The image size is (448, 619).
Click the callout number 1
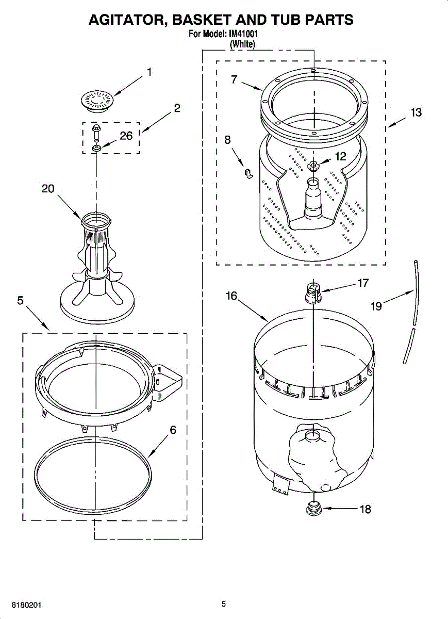(150, 72)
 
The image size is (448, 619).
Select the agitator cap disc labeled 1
(97, 99)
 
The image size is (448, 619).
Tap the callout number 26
(126, 136)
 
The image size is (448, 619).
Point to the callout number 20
(48, 189)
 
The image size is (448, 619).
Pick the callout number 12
(341, 157)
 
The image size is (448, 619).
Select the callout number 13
(416, 112)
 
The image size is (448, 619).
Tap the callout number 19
(376, 306)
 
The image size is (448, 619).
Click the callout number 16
(231, 296)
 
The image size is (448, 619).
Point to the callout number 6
(173, 429)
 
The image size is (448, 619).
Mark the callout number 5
(20, 300)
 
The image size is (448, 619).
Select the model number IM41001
(243, 35)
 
